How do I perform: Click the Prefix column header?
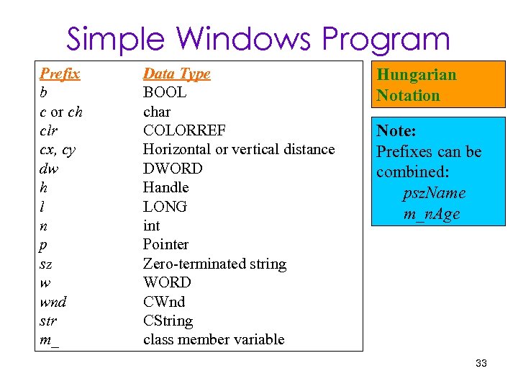click(x=60, y=73)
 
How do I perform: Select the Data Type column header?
click(x=176, y=73)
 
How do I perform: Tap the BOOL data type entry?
click(x=164, y=92)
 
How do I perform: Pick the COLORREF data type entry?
click(x=184, y=130)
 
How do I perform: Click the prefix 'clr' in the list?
click(x=50, y=130)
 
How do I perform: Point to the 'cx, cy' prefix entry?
click(x=58, y=150)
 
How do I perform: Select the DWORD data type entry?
click(x=173, y=169)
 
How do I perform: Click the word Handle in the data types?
click(x=165, y=187)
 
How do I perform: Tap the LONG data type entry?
click(x=165, y=207)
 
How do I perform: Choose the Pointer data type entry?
click(x=165, y=245)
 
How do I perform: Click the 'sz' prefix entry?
click(x=46, y=264)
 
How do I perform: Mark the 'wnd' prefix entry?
click(x=53, y=302)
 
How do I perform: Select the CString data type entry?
click(x=168, y=321)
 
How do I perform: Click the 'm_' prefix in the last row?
click(x=49, y=340)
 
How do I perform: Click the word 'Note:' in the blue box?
click(x=396, y=131)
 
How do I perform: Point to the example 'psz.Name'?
click(x=434, y=194)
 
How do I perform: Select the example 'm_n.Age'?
click(x=432, y=215)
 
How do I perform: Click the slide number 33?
click(x=481, y=363)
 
